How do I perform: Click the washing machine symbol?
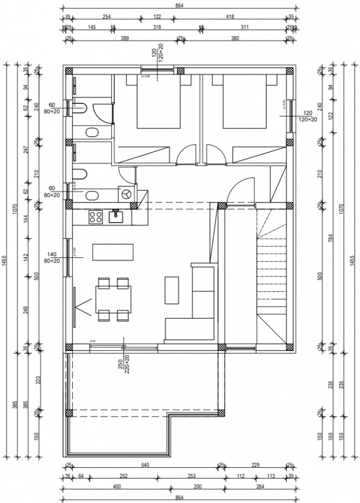click(x=126, y=194)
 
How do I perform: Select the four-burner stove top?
click(x=95, y=216)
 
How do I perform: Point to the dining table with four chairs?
click(x=113, y=299)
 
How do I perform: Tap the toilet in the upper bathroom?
click(x=80, y=108)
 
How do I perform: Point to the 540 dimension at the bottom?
click(x=145, y=465)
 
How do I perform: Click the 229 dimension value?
click(x=256, y=465)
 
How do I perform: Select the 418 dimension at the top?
click(x=230, y=17)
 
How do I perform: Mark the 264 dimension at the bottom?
click(x=260, y=487)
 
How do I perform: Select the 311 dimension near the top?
click(x=244, y=27)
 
